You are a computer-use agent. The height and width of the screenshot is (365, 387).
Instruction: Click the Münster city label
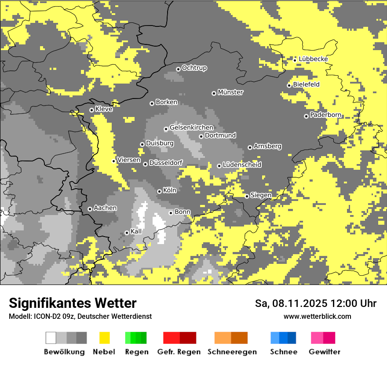pyautogui.click(x=230, y=92)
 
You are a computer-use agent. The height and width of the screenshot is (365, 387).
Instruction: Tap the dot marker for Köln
pyautogui.click(x=159, y=191)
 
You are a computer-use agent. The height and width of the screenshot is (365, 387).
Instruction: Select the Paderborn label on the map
pyautogui.click(x=325, y=115)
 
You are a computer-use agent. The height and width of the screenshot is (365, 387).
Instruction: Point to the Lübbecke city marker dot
pyautogui.click(x=295, y=60)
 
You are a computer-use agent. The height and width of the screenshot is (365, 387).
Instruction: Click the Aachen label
pyautogui.click(x=105, y=208)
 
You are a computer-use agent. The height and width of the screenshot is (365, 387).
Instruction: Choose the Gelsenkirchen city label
pyautogui.click(x=191, y=128)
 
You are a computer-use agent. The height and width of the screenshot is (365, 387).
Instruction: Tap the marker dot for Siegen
pyautogui.click(x=247, y=196)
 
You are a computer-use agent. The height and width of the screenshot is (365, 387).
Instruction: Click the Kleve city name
pyautogui.click(x=104, y=109)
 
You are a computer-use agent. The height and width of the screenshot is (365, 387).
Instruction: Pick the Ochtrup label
pyautogui.click(x=194, y=68)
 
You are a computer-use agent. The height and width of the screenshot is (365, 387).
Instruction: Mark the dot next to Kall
pyautogui.click(x=127, y=233)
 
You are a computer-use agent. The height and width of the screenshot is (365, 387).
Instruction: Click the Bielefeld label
pyautogui.click(x=306, y=84)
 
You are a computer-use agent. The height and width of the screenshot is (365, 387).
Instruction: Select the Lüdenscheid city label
pyautogui.click(x=242, y=165)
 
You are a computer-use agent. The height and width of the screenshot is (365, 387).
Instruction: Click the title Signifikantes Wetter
pyautogui.click(x=73, y=303)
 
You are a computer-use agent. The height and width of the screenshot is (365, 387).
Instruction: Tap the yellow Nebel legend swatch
pyautogui.click(x=104, y=338)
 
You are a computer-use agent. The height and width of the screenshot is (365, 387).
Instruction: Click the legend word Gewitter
pyautogui.click(x=324, y=352)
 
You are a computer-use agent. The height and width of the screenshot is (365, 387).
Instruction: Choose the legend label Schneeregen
pyautogui.click(x=232, y=352)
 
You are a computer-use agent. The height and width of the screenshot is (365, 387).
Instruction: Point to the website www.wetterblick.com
pyautogui.click(x=317, y=317)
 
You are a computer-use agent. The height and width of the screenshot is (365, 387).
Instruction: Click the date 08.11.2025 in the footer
pyautogui.click(x=298, y=303)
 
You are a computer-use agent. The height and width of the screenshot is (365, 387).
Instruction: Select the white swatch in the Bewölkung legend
pyautogui.click(x=51, y=338)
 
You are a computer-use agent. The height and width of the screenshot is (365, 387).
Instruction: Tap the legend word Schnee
pyautogui.click(x=283, y=352)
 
